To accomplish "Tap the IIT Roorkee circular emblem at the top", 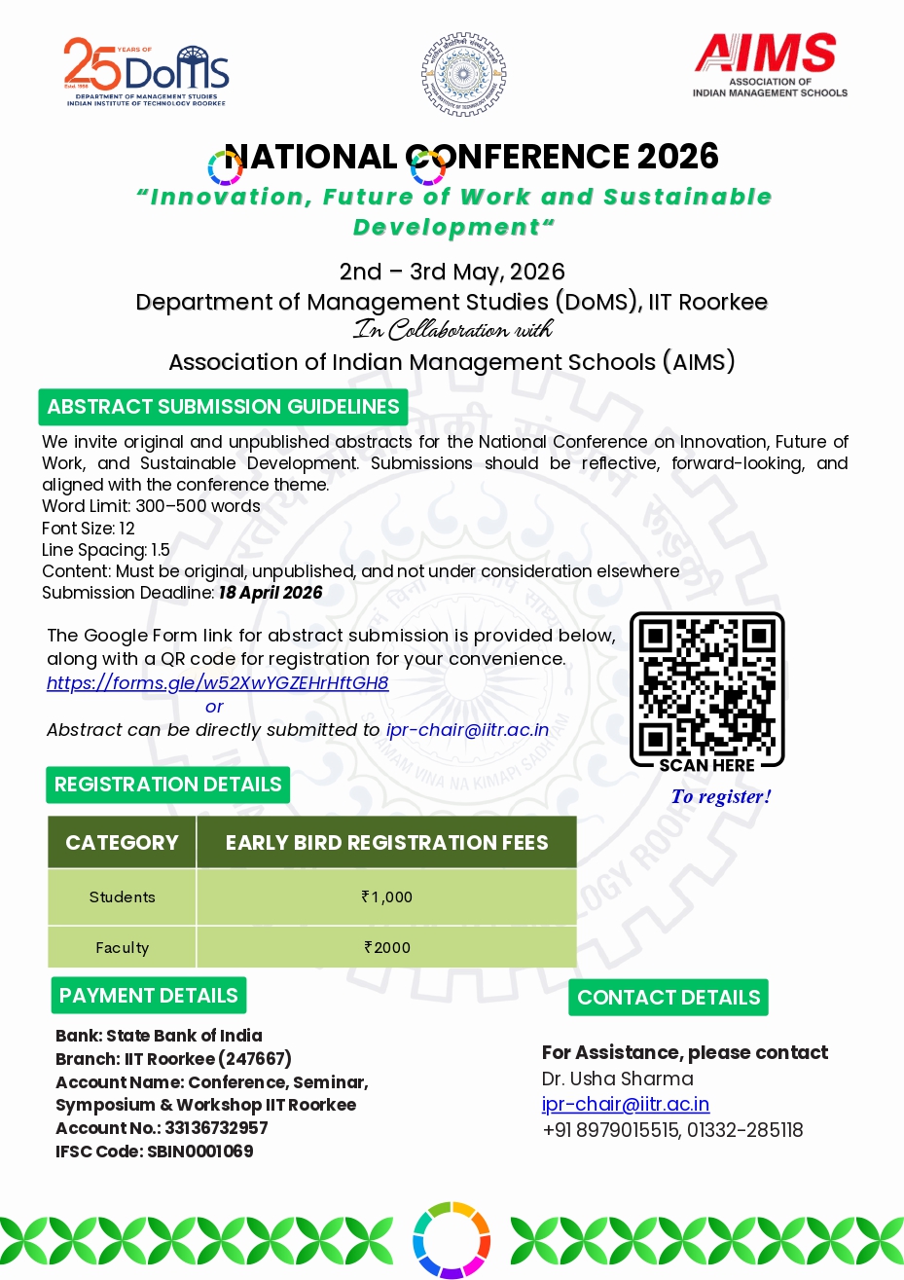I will pyautogui.click(x=463, y=74).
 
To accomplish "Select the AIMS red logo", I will pyautogui.click(x=769, y=63).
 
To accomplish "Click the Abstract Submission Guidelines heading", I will pyautogui.click(x=223, y=407).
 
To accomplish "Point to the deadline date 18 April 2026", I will pyautogui.click(x=271, y=593).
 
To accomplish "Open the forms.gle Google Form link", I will pyautogui.click(x=218, y=682).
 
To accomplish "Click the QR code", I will pyautogui.click(x=707, y=685).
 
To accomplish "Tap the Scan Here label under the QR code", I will pyautogui.click(x=707, y=765).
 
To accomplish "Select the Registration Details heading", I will pyautogui.click(x=167, y=785).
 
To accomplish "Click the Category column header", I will pyautogui.click(x=123, y=843).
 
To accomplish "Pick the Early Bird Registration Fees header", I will pyautogui.click(x=386, y=843).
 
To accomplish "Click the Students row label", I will pyautogui.click(x=123, y=897).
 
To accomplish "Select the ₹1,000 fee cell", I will pyautogui.click(x=386, y=897).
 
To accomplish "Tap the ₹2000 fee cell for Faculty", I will pyautogui.click(x=386, y=947).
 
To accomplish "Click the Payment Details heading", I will pyautogui.click(x=149, y=996).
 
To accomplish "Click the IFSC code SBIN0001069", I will pyautogui.click(x=199, y=1152).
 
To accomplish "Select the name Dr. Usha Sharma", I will pyautogui.click(x=618, y=1079).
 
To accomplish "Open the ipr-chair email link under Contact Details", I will pyautogui.click(x=626, y=1104).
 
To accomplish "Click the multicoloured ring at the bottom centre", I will pyautogui.click(x=452, y=1240).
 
